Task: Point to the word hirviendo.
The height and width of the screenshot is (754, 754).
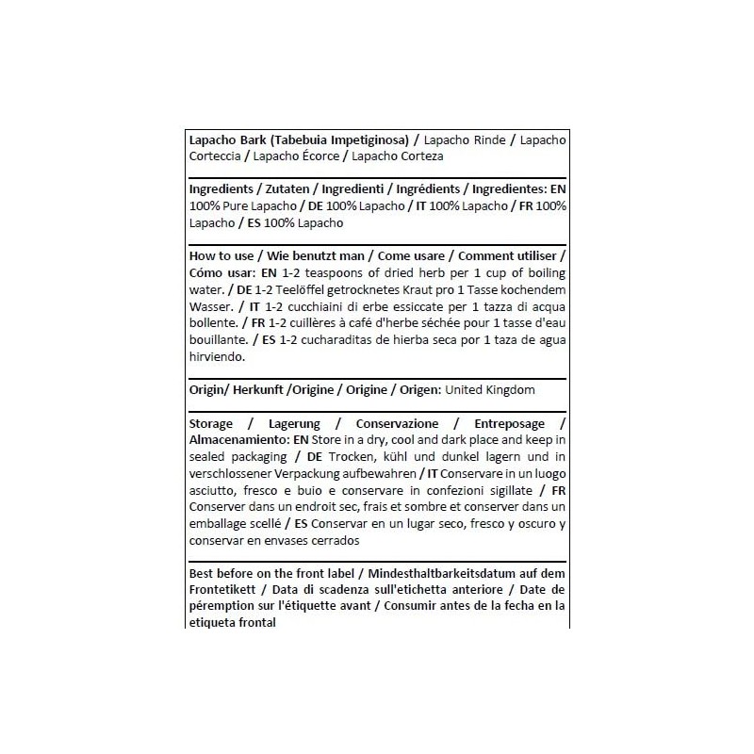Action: pos(218,357)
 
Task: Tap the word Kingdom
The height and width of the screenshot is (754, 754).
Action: pos(507,389)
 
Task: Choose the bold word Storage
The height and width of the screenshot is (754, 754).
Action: pos(212,423)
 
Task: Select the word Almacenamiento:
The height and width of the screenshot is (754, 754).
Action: pos(240,439)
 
